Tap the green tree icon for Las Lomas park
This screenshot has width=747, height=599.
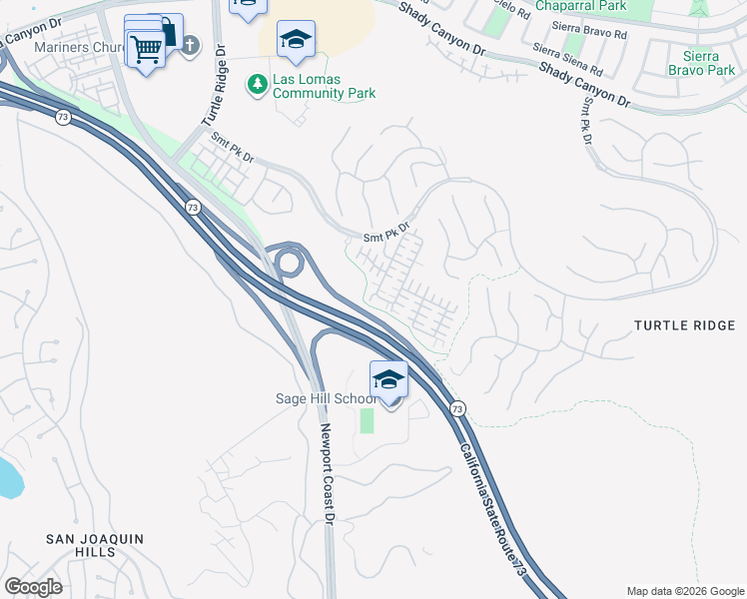click(259, 83)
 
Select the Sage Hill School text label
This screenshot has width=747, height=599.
click(327, 398)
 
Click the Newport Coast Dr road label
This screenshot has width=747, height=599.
click(325, 474)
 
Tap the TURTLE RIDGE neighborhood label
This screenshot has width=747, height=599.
click(685, 326)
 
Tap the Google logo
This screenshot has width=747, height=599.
click(33, 587)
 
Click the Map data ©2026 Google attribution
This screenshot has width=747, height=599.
click(684, 591)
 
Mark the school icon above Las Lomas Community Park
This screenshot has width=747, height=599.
click(295, 39)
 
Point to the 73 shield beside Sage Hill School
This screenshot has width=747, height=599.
click(457, 408)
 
